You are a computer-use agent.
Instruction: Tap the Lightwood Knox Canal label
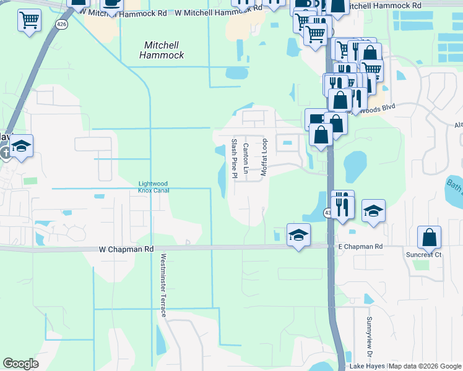(154, 187)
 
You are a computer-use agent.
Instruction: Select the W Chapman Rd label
(126, 249)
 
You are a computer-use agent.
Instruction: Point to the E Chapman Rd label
(361, 247)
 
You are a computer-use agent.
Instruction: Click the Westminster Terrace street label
(163, 286)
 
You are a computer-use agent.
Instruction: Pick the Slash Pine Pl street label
(234, 158)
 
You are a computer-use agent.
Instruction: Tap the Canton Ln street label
(246, 158)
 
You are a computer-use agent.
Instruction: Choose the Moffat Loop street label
(264, 157)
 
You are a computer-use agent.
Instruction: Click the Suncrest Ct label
(424, 254)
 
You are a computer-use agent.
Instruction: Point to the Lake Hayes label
(367, 366)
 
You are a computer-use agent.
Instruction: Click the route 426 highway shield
(61, 25)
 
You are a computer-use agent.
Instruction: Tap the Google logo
(20, 364)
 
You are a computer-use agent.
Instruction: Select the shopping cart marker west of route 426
(29, 20)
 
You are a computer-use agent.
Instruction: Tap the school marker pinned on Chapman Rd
(298, 235)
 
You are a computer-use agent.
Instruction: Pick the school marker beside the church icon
(21, 147)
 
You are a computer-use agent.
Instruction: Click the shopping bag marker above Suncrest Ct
(430, 237)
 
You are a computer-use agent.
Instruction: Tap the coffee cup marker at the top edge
(111, 3)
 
